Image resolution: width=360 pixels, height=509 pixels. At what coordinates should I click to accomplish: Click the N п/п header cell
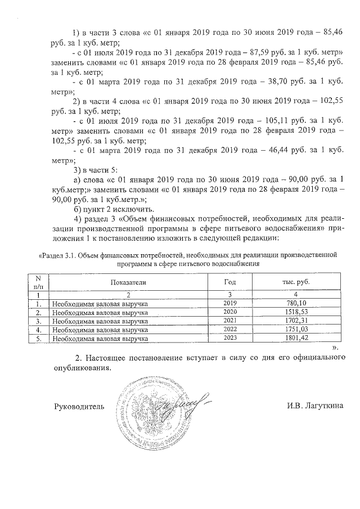38,282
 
